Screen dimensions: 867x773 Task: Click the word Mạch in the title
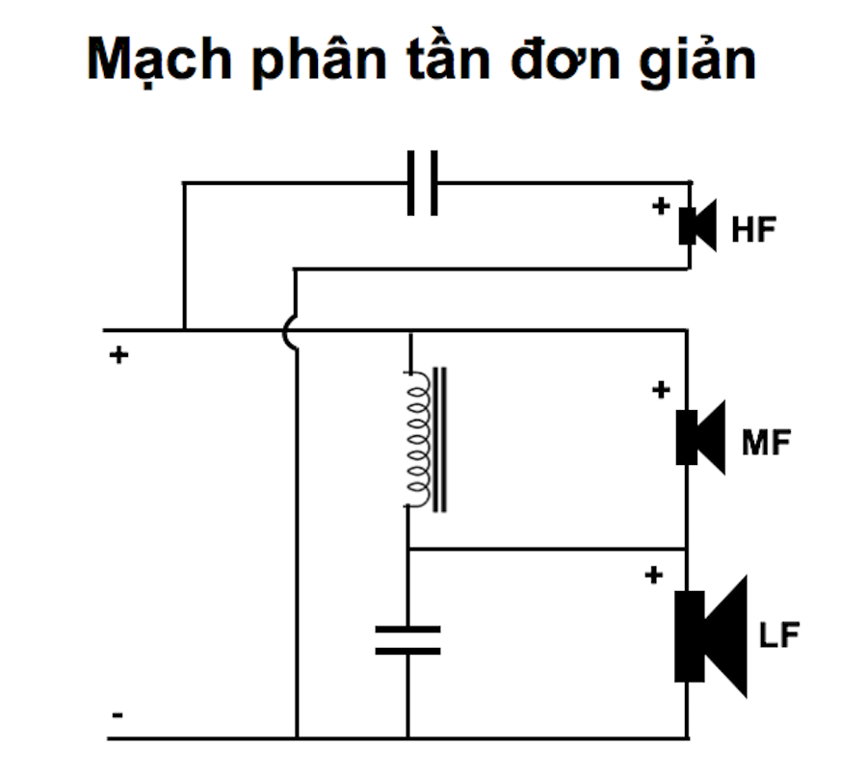(x=159, y=60)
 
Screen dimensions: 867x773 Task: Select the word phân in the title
(x=320, y=61)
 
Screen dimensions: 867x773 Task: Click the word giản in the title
(x=697, y=60)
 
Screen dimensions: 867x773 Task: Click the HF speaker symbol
(x=697, y=225)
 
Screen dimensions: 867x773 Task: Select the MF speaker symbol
(x=700, y=438)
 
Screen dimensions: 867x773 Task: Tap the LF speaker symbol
(x=711, y=636)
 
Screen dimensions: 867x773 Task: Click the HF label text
(x=753, y=230)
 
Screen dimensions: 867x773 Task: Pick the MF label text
(x=767, y=442)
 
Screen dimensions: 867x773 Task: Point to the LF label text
(x=779, y=634)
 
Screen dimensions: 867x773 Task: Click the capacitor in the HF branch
(x=423, y=183)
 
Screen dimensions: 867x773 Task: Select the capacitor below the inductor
(x=408, y=640)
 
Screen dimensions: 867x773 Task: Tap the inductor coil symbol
(x=425, y=439)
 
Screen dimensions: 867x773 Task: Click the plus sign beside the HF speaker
(x=661, y=206)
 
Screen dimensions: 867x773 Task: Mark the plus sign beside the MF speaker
(x=661, y=390)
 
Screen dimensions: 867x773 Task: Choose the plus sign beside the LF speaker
(x=653, y=576)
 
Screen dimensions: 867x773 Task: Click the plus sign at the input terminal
(x=118, y=354)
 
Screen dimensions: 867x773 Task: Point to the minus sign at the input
(x=118, y=715)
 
